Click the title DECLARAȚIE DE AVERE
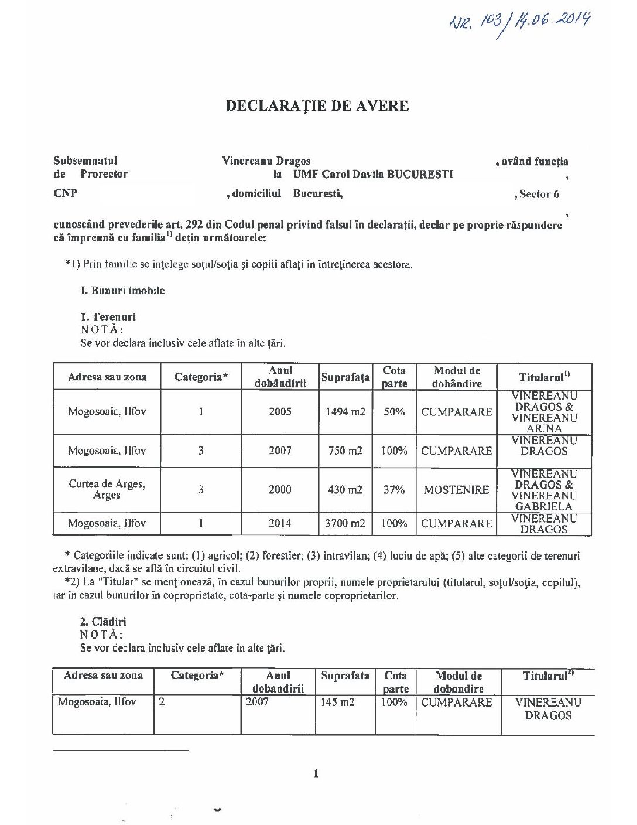(x=317, y=106)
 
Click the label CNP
(x=65, y=193)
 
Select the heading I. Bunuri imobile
(x=122, y=291)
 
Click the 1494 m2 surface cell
(x=345, y=412)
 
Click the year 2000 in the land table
(x=280, y=490)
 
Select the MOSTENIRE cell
(x=456, y=490)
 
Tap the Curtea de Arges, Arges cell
(x=107, y=490)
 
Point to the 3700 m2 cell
(x=345, y=523)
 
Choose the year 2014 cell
(x=280, y=523)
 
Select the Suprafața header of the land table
(x=345, y=377)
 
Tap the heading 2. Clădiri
(x=103, y=622)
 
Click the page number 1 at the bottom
(x=316, y=774)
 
